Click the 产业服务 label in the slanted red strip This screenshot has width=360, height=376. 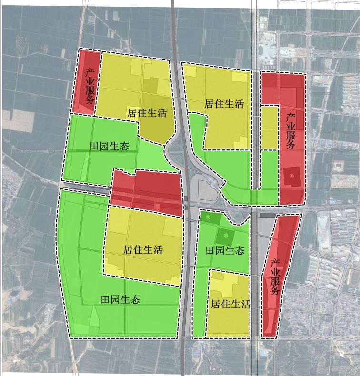275,277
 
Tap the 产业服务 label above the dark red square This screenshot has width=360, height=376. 290,131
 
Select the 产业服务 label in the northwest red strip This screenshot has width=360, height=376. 89,86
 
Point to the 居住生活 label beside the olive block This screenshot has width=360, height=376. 147,113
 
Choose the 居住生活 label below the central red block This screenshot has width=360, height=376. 143,249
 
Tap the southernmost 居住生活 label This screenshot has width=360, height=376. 231,304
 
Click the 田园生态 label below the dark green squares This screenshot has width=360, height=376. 225,250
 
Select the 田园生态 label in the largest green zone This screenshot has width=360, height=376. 120,300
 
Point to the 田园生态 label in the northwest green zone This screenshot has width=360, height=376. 109,146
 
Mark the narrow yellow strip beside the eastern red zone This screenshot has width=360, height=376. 270,127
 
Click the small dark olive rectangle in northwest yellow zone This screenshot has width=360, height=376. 150,85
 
